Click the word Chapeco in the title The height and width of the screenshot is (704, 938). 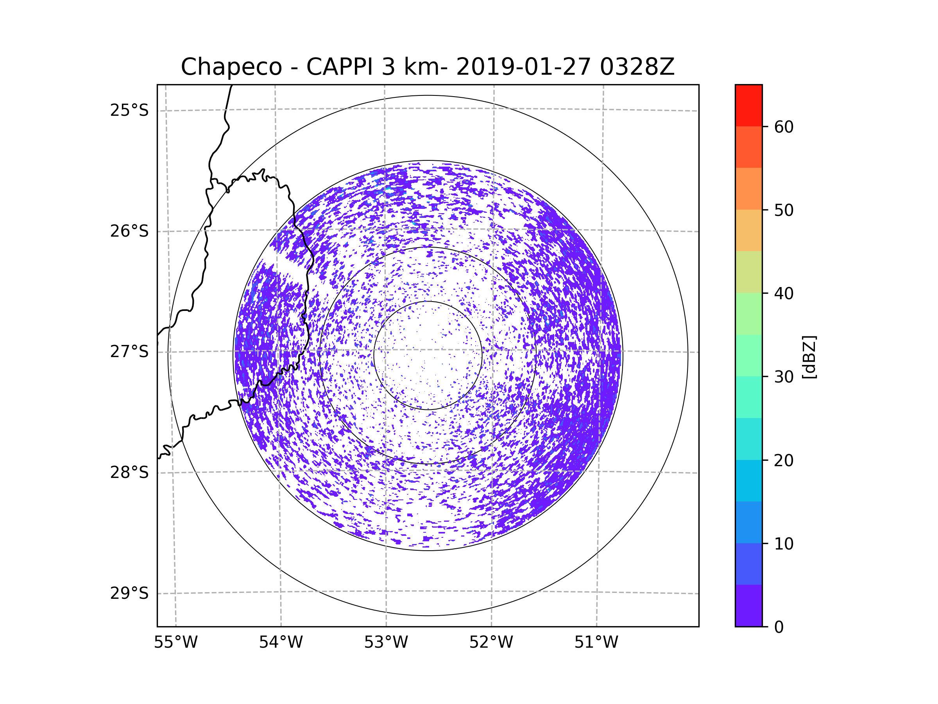tap(231, 67)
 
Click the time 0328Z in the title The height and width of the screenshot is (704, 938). tap(637, 66)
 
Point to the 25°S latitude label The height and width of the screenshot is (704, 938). tap(129, 110)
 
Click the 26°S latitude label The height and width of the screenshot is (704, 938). tap(129, 231)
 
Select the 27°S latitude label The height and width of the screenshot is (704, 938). tap(129, 352)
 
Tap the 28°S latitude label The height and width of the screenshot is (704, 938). tap(129, 472)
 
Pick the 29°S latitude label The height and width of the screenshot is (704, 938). tap(129, 593)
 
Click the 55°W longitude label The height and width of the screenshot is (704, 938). tap(175, 643)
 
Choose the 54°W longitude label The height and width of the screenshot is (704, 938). tap(281, 643)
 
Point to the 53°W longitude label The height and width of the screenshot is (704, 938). tap(386, 643)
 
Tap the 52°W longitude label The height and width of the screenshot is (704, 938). tap(491, 643)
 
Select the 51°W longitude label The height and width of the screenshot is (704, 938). tap(596, 643)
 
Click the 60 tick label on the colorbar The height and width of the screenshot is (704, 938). tap(784, 127)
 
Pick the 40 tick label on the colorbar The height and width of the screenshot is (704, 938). tap(784, 294)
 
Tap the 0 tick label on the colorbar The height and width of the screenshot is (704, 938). tap(779, 627)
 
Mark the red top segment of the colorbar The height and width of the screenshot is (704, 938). tap(749, 105)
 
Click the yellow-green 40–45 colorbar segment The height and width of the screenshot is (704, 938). tap(749, 272)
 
